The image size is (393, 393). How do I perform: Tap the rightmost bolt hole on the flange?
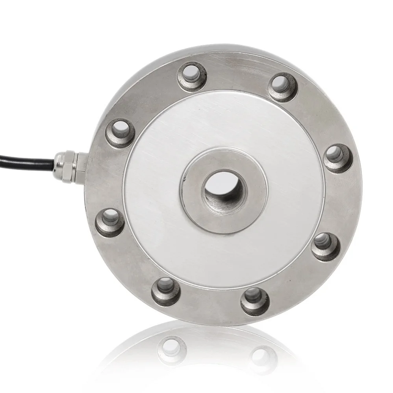338,158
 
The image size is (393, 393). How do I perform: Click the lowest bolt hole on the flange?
255,300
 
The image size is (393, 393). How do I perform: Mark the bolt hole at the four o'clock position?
326,247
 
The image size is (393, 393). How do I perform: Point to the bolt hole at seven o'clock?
166,291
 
